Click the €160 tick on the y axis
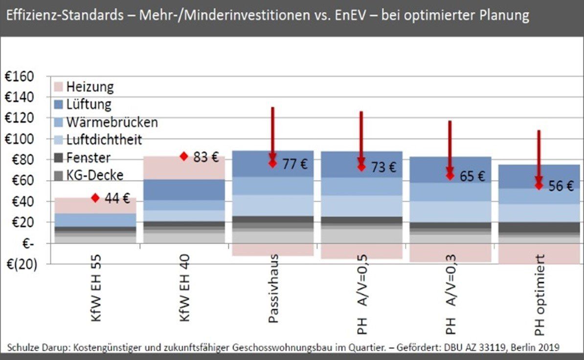(20, 77)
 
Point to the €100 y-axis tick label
(20, 139)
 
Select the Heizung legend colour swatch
(58, 88)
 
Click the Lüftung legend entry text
(89, 104)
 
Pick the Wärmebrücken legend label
(112, 122)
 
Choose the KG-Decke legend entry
(95, 175)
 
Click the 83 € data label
(206, 157)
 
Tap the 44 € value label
(117, 199)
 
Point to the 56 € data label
(561, 186)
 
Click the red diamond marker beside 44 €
(95, 198)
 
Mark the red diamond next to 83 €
(184, 157)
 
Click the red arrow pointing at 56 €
(539, 157)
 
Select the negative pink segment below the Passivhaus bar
(273, 249)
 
